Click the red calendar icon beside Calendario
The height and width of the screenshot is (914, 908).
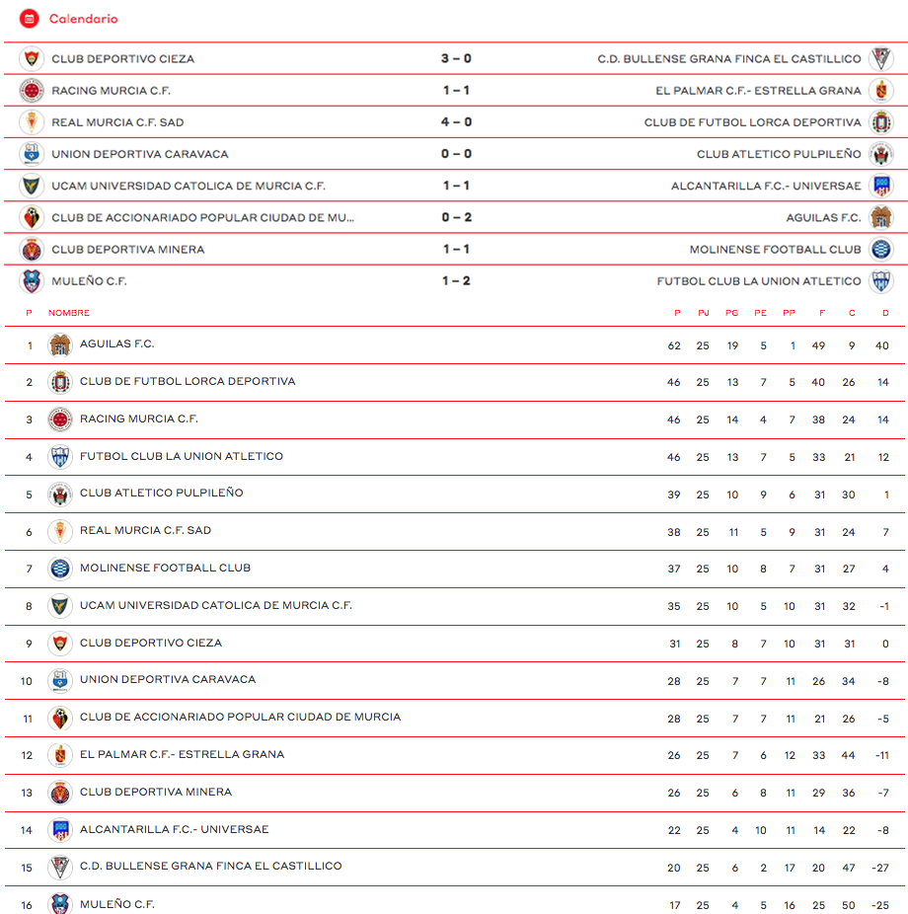30,19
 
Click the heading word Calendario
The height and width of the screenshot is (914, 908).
83,19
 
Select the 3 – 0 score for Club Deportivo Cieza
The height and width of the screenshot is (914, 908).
456,59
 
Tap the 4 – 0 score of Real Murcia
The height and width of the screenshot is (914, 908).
456,122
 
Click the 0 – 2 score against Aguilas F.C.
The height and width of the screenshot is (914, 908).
456,218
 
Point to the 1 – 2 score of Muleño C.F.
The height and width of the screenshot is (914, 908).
456,281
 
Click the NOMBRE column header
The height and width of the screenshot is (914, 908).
69,313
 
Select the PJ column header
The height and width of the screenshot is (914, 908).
703,313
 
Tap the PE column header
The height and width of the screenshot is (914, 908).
760,313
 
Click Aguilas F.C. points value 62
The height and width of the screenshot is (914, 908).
674,345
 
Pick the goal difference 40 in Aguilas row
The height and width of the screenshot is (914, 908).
881,345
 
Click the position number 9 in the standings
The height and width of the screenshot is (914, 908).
30,644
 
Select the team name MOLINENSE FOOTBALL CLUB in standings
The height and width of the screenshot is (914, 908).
165,568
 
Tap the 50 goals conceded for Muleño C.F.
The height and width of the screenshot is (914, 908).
849,905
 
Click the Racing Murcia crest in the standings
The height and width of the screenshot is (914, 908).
60,419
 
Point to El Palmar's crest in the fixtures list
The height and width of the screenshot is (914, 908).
880,91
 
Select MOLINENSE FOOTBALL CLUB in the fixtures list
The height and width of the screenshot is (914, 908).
775,250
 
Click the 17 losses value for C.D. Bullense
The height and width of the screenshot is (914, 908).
790,868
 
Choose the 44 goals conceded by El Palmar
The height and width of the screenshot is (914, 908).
849,755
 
